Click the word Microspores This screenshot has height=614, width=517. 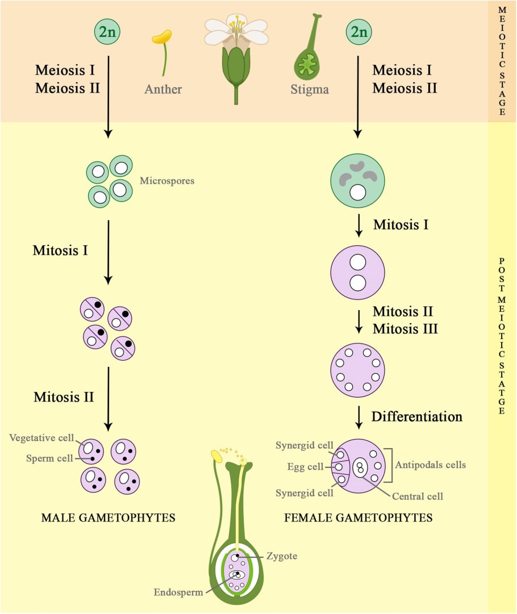click(x=167, y=182)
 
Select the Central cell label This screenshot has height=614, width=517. click(x=418, y=496)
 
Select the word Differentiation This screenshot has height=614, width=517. click(x=416, y=416)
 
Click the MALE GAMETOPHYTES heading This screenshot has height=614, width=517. click(x=108, y=517)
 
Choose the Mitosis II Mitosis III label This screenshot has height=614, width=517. click(x=405, y=320)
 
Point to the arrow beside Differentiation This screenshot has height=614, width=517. click(x=358, y=417)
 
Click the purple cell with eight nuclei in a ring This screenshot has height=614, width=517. click(x=358, y=371)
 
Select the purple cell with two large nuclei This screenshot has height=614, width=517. click(x=358, y=273)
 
